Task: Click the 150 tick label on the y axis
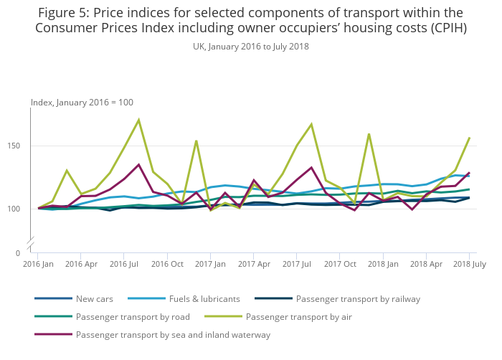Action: point(19,146)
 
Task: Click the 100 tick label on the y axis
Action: point(19,209)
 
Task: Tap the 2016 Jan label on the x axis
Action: point(39,264)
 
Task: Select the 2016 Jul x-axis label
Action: point(124,264)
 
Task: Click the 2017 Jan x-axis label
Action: point(211,264)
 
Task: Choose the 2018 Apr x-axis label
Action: point(426,264)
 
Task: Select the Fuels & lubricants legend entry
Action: point(204,298)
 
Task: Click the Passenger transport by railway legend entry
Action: point(358,298)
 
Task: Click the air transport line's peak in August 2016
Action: point(138,120)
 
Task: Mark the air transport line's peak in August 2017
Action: point(311,124)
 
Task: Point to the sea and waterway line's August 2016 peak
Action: point(138,164)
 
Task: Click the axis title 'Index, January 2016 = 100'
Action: point(82,103)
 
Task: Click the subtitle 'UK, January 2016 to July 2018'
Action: point(251,46)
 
